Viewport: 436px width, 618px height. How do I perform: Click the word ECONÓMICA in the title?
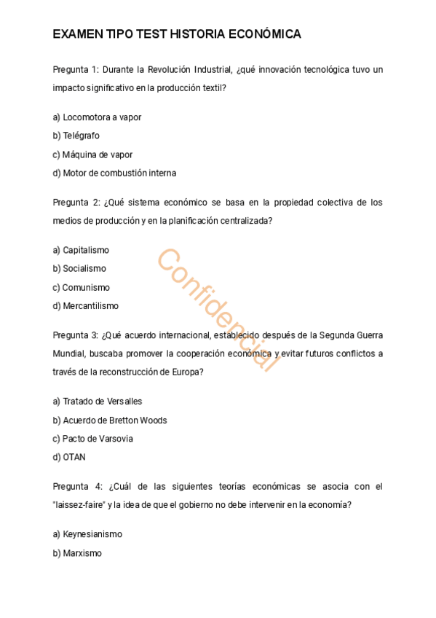(265, 34)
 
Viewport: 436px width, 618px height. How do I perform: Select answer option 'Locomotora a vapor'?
(101, 117)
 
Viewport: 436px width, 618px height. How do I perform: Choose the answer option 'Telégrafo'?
(81, 136)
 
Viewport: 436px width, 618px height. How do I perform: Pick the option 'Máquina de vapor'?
(97, 154)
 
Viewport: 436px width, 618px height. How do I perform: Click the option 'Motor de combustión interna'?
(119, 173)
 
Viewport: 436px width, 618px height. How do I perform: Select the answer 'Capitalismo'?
(85, 250)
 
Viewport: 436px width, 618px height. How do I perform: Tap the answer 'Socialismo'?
(84, 269)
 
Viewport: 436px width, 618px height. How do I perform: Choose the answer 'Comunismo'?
(85, 288)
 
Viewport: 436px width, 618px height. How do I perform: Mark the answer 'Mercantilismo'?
(90, 306)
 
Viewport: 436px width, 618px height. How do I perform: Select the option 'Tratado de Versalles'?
(102, 402)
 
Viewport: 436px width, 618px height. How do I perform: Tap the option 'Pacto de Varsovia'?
(98, 439)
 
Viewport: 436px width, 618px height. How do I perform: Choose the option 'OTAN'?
(74, 458)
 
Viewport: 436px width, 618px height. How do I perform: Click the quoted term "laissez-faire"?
(79, 505)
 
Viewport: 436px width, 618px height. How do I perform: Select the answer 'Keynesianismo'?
(92, 534)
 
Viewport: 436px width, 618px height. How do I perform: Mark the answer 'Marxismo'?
(82, 553)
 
